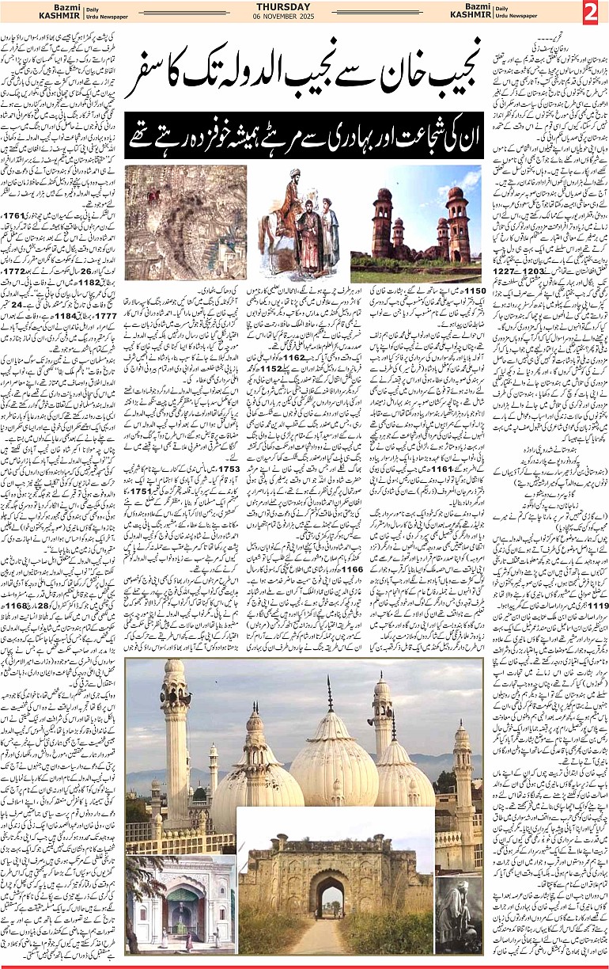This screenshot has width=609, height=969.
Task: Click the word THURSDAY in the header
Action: [304, 7]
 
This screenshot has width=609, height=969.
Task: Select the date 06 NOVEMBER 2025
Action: [304, 18]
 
